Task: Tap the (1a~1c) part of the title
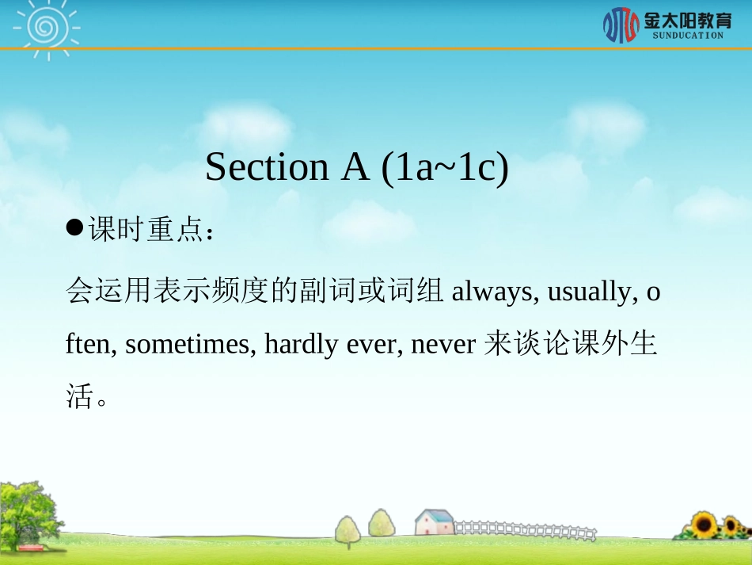445,167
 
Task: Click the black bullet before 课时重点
74,229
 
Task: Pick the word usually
590,292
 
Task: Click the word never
442,345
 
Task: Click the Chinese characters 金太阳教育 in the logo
687,19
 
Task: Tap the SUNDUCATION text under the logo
687,36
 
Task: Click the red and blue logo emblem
621,25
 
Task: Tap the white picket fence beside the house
522,529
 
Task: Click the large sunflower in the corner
704,525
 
